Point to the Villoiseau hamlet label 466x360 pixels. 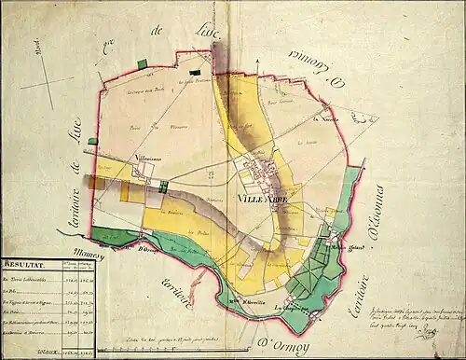(149, 159)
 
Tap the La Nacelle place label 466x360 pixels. (324, 119)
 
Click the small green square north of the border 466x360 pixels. (142, 62)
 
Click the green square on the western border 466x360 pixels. (92, 142)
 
